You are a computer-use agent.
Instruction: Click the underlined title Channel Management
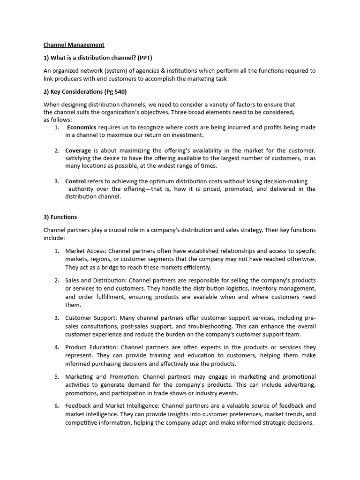pyautogui.click(x=74, y=45)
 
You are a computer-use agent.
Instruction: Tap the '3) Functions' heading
pyautogui.click(x=60, y=217)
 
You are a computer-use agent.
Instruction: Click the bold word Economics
pyautogui.click(x=82, y=127)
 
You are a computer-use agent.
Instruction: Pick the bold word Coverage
pyautogui.click(x=78, y=150)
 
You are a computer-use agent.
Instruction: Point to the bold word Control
pyautogui.click(x=75, y=181)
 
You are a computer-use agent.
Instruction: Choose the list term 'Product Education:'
pyautogui.click(x=92, y=347)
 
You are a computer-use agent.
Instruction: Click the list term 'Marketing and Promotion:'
pyautogui.click(x=102, y=377)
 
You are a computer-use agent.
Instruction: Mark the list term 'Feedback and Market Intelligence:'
pyautogui.click(x=114, y=406)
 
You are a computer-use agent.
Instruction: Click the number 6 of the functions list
pyautogui.click(x=56, y=406)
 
